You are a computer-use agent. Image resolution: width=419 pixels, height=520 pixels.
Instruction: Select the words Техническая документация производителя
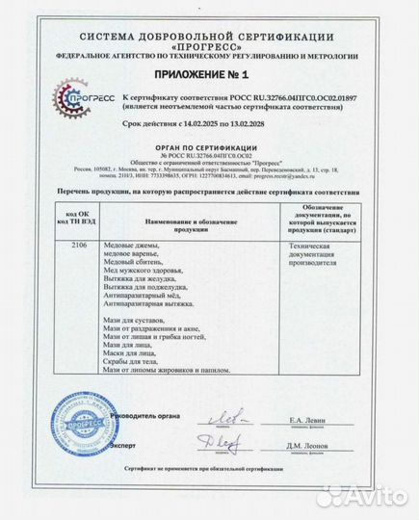click(318, 254)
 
